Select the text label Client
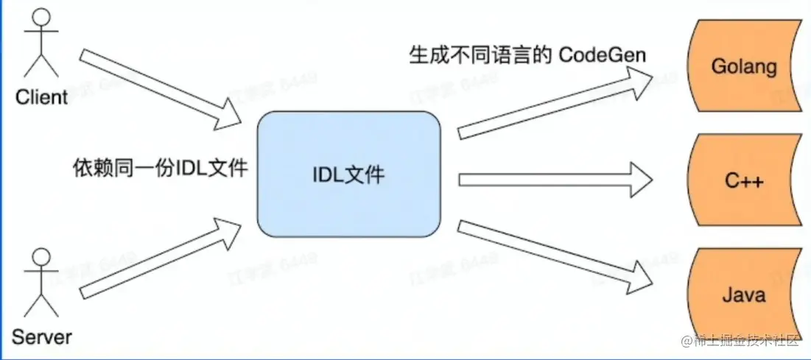coord(41,96)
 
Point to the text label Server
coord(42,337)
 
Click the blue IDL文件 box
coord(348,174)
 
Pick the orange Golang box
coord(743,67)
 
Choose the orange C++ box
coord(743,181)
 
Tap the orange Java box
coord(743,296)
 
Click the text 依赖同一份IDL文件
coord(160,169)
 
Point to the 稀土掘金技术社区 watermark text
coord(748,341)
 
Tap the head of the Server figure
coord(42,258)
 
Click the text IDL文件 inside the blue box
coord(348,176)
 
